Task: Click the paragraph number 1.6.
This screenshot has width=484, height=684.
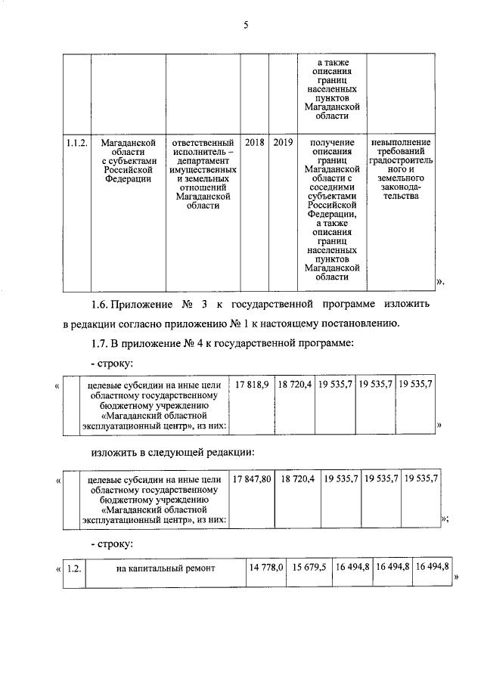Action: (99, 305)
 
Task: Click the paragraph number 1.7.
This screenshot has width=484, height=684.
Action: (99, 344)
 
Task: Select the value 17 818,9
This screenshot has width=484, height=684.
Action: (252, 385)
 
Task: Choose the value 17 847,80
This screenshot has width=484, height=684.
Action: (253, 479)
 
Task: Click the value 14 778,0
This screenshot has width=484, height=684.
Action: (265, 567)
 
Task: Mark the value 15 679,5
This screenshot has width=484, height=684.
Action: (307, 567)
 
